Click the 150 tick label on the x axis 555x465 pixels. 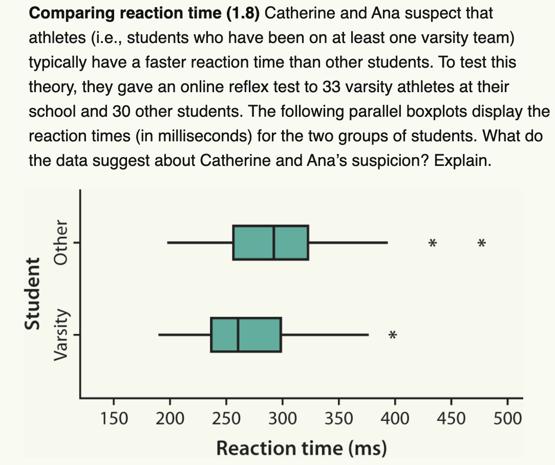(113, 419)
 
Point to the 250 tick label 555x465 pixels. (226, 419)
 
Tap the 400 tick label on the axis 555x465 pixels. (395, 419)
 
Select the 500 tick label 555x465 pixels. (507, 419)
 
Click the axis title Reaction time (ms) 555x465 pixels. (301, 448)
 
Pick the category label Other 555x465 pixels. (61, 242)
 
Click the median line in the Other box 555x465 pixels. (273, 242)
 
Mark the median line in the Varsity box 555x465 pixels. (238, 335)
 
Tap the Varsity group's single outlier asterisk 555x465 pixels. (392, 336)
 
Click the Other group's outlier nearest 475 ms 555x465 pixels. (481, 243)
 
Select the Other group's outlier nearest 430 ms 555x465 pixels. (433, 243)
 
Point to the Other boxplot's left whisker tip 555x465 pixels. (168, 242)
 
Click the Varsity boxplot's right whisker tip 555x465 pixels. (368, 335)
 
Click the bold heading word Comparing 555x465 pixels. (71, 13)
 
